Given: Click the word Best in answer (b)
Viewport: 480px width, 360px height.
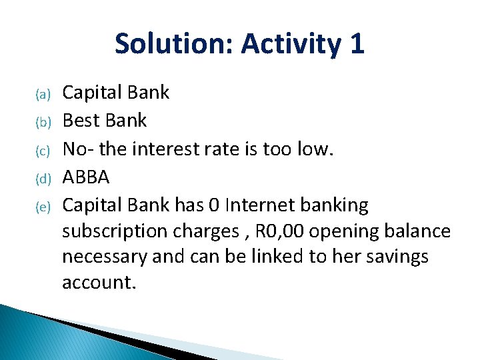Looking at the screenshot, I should (x=82, y=121).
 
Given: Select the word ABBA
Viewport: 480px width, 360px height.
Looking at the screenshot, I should (x=86, y=177).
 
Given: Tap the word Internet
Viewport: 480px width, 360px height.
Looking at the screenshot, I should (x=255, y=205).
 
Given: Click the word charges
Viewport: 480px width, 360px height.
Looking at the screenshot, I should (x=207, y=231).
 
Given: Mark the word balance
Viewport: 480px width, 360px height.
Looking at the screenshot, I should (x=417, y=231).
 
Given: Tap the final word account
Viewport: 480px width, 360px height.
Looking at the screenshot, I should (x=99, y=282).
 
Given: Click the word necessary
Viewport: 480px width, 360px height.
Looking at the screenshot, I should (x=105, y=257).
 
